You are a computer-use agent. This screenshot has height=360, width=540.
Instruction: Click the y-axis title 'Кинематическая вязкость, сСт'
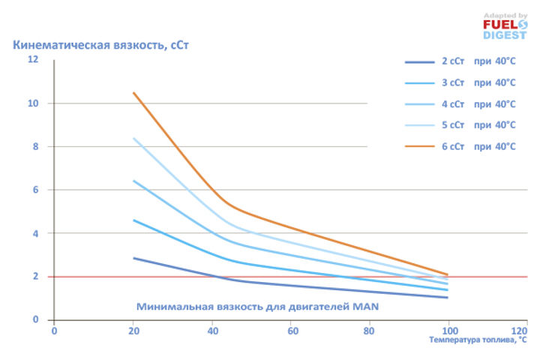101,45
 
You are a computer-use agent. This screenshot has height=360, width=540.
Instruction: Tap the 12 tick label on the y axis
33,59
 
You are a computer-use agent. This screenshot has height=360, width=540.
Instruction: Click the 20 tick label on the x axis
133,330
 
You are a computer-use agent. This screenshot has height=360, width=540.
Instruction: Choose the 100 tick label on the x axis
448,330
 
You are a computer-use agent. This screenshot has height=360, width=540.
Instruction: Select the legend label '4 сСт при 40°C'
478,104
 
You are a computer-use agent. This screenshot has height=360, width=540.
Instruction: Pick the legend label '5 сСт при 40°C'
478,125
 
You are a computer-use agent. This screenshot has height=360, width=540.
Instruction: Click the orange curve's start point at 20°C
133,92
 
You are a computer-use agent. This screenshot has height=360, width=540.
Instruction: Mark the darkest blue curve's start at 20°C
133,258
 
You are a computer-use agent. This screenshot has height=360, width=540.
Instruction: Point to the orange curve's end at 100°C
448,274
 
